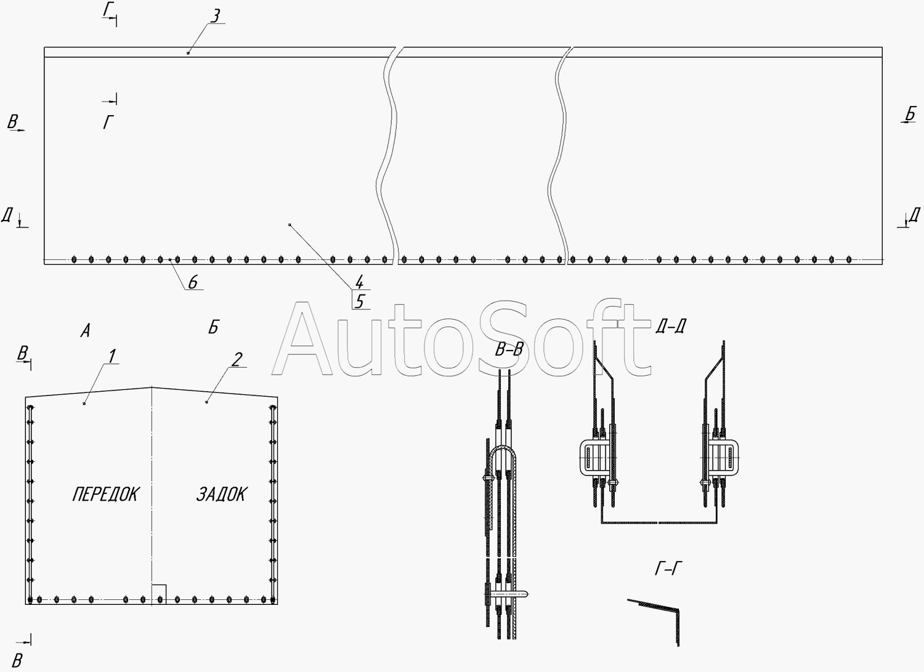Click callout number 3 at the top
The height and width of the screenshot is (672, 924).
[216, 15]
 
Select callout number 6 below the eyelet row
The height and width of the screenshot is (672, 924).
[193, 282]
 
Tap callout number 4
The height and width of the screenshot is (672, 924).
[359, 282]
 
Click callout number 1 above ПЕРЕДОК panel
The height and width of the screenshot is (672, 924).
[111, 356]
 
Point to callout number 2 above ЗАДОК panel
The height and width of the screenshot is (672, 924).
[237, 359]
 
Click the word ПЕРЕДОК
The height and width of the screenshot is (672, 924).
[107, 494]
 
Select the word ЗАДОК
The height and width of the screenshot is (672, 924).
[222, 494]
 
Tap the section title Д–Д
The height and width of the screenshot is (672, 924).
[671, 326]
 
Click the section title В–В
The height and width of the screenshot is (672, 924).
[509, 350]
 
